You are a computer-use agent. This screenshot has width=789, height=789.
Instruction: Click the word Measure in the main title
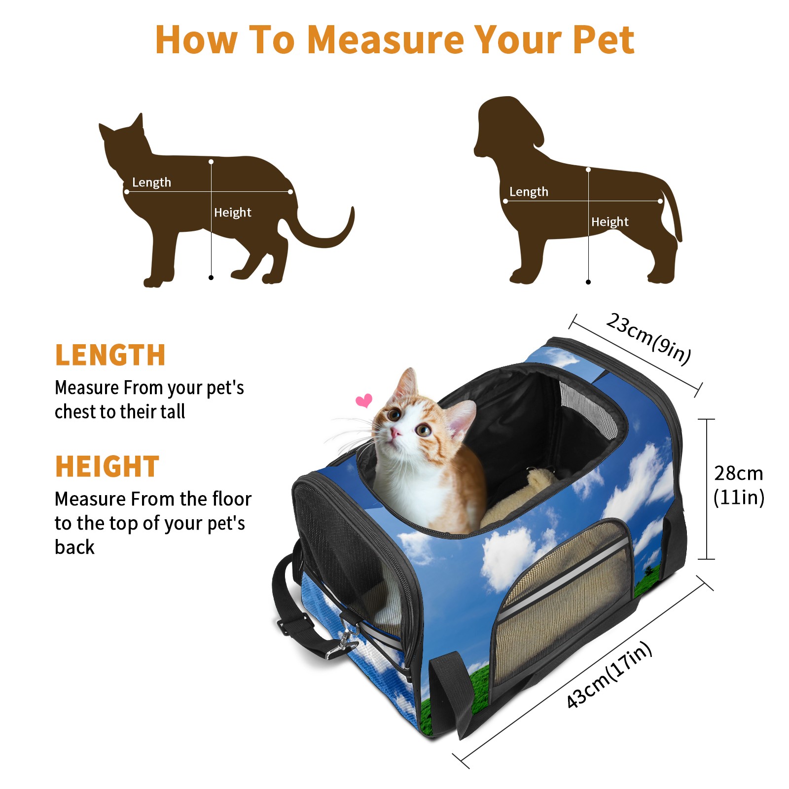click(x=386, y=39)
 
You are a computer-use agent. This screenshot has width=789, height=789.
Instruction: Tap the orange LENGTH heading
click(x=110, y=355)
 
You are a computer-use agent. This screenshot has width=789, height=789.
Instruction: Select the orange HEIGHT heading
click(x=107, y=466)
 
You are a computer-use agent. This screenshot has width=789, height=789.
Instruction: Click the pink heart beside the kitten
click(x=364, y=400)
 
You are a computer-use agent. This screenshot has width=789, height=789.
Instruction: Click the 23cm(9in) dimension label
click(x=648, y=339)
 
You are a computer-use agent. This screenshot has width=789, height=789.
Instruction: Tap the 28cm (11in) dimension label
click(x=738, y=485)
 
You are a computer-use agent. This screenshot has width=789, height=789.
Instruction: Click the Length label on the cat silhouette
click(x=151, y=182)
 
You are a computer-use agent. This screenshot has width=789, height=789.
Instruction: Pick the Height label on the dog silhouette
click(x=610, y=222)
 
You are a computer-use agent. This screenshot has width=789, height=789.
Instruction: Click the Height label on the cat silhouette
click(x=232, y=213)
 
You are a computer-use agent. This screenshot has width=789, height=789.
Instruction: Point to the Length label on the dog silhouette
click(x=529, y=192)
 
